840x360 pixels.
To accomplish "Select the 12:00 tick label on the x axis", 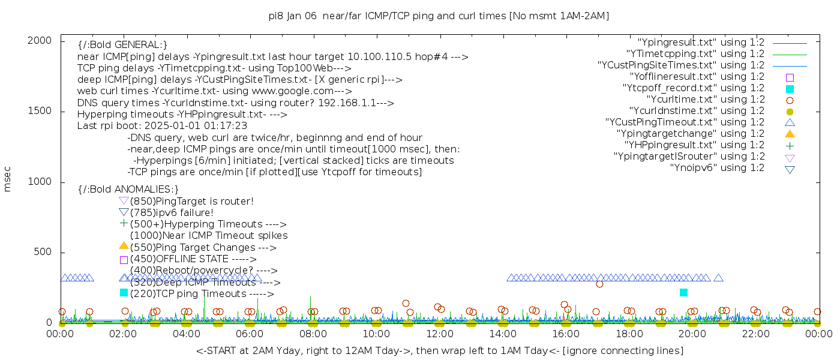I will [440, 334].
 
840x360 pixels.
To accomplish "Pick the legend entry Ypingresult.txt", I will [701, 43].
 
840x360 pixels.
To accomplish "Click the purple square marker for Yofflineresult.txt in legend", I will [790, 77].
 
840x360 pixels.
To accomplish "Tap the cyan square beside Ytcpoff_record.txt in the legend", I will [790, 89].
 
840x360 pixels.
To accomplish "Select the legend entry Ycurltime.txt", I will [706, 100].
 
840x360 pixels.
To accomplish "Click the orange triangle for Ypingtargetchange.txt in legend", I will [790, 134].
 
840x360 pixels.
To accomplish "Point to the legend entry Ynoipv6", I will [717, 168].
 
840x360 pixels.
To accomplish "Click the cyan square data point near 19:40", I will [683, 292].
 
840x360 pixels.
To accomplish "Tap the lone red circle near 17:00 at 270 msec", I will [599, 284].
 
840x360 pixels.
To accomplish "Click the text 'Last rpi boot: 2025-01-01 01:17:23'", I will [162, 126].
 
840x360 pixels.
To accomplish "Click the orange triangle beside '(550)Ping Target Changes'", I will [124, 245].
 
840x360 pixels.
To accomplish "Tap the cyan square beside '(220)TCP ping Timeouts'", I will [124, 292].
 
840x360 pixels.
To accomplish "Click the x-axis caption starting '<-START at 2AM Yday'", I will [440, 350].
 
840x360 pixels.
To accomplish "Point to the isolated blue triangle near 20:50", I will [718, 278].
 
